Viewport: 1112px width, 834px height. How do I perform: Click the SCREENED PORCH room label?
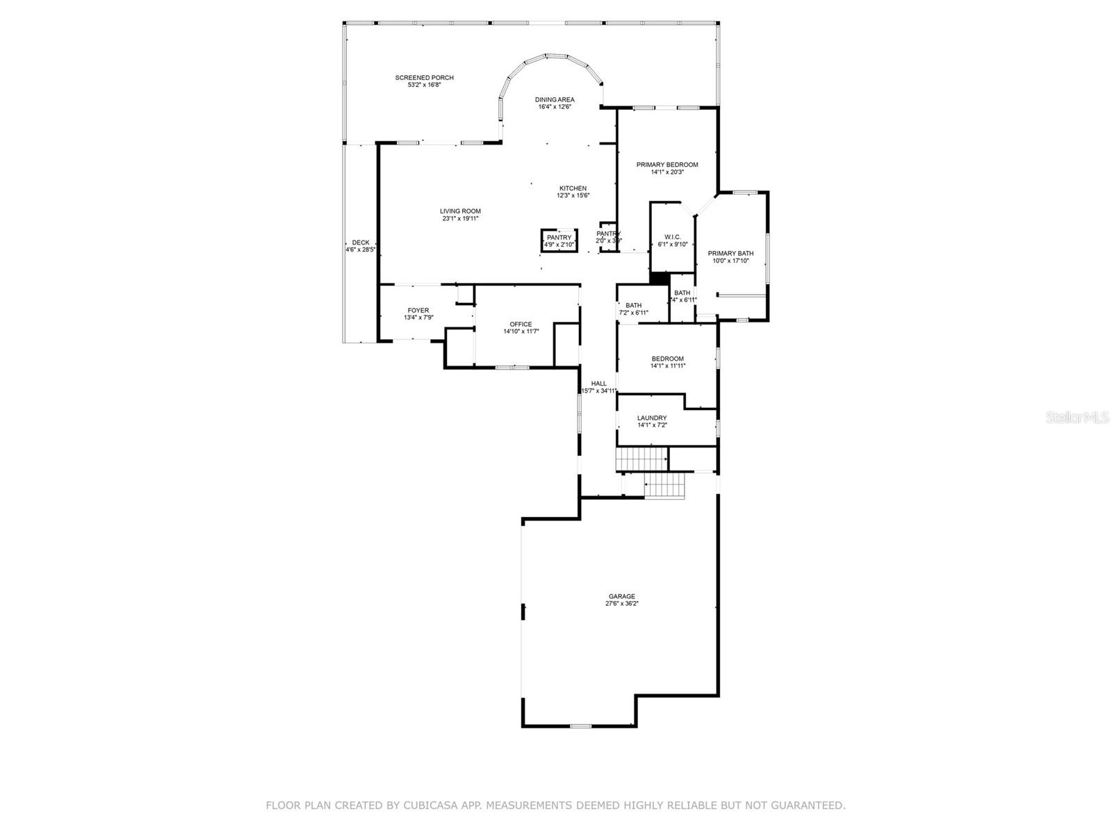tap(424, 78)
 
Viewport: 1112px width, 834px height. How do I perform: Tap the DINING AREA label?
tap(555, 99)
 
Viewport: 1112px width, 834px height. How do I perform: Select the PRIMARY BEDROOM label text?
tap(667, 165)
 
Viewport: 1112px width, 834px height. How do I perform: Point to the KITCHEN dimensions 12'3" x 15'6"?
tap(573, 196)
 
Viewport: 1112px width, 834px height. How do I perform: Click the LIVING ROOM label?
tap(460, 211)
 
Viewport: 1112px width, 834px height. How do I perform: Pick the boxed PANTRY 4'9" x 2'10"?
tap(559, 240)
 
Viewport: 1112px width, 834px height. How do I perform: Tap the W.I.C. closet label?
tap(672, 237)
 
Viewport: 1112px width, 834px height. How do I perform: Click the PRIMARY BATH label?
tap(730, 254)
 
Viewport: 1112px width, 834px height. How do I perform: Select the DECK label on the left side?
tap(361, 243)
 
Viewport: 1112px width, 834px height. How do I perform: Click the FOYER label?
tap(418, 311)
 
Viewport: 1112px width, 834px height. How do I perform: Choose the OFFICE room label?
tap(521, 325)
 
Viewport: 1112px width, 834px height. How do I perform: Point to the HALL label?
tap(598, 384)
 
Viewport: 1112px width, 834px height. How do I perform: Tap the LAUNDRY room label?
tap(652, 418)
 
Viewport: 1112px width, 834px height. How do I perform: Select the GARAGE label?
tap(621, 596)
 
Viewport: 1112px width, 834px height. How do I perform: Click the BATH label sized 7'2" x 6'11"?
tap(633, 306)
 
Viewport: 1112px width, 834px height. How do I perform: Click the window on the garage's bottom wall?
tap(580, 726)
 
